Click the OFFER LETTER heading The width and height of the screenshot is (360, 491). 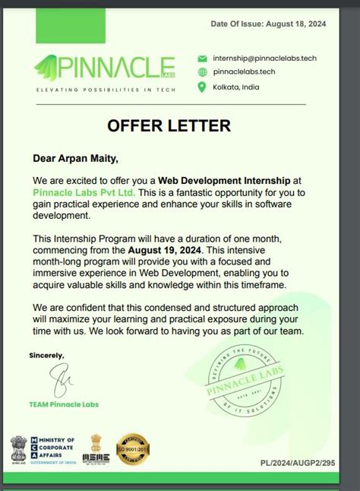169,125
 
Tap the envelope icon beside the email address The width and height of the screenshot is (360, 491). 202,58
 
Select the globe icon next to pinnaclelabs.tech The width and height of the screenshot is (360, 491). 202,72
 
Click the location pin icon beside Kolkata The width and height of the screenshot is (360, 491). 202,87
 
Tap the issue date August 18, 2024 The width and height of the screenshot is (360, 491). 297,25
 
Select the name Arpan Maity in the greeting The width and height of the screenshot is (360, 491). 89,159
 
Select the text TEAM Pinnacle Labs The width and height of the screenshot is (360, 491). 64,404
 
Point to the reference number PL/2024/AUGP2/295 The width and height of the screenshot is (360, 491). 297,462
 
